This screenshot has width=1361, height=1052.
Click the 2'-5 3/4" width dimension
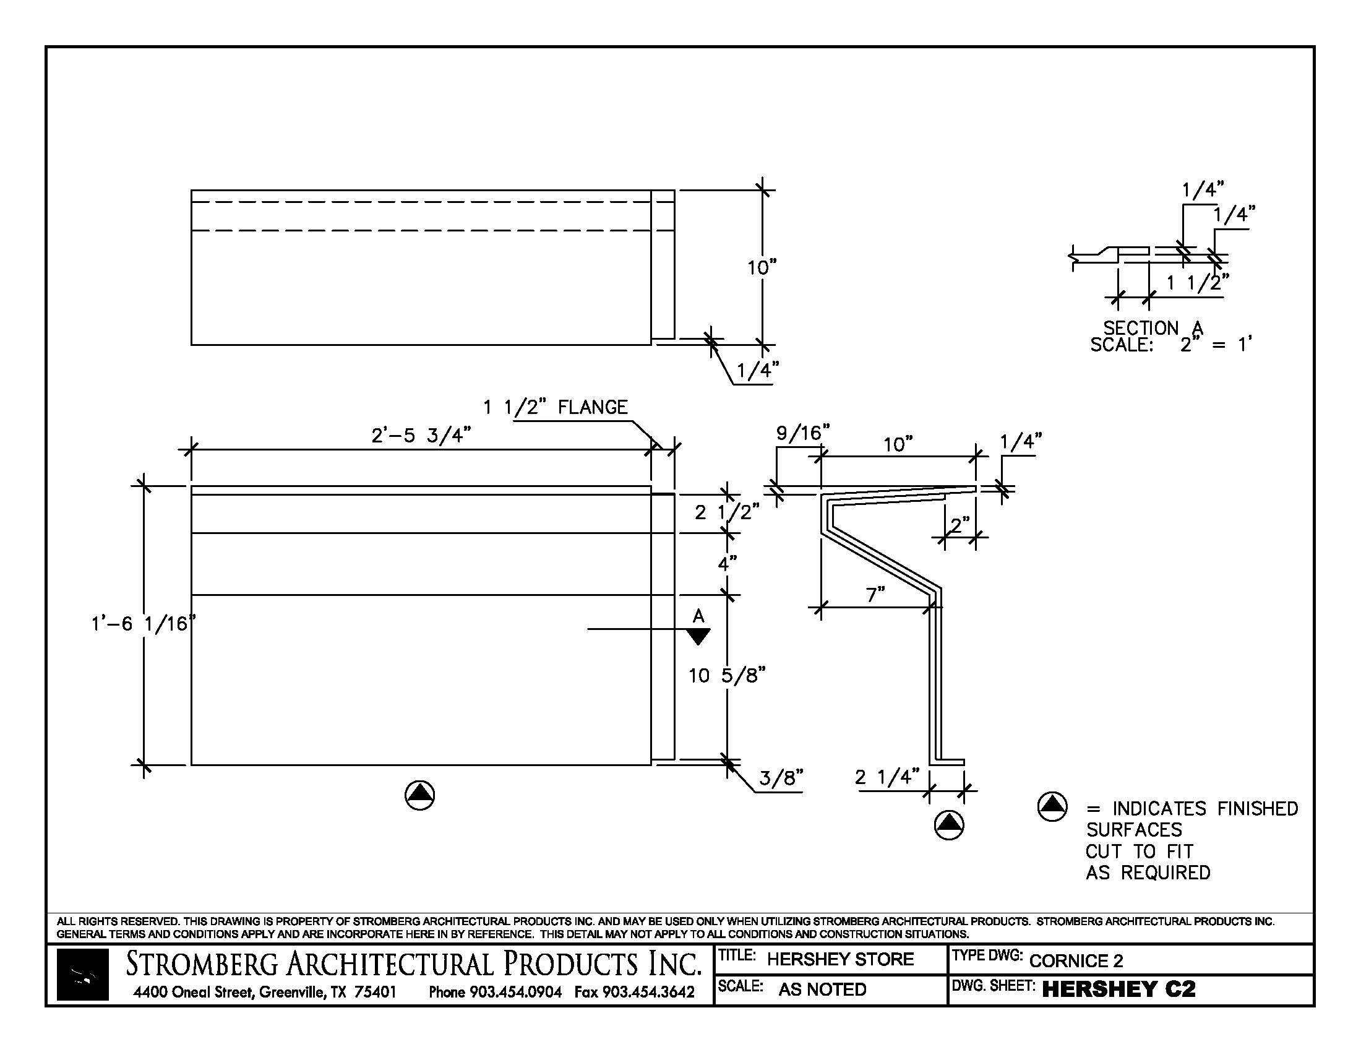pos(421,435)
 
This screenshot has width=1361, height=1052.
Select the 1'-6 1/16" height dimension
pos(142,623)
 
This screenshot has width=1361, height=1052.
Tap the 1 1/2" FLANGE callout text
pos(556,408)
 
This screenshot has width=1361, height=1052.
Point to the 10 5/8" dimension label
pos(727,675)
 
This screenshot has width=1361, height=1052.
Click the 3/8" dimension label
pos(781,778)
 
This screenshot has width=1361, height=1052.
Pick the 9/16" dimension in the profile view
pos(802,433)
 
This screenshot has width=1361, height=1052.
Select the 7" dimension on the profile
pos(875,595)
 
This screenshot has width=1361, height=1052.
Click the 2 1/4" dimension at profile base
pos(887,777)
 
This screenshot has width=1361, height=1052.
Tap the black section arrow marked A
pos(698,636)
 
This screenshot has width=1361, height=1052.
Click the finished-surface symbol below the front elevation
pos(419,795)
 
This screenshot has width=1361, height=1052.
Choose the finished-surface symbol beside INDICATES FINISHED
pos(1052,806)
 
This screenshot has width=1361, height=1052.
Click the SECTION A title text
pos(1153,328)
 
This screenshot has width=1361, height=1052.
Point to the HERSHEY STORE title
pos(840,959)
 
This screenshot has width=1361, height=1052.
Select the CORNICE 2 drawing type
pos(1076,960)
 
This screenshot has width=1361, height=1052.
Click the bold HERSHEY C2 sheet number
pos(1118,989)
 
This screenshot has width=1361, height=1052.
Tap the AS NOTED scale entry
pos(822,989)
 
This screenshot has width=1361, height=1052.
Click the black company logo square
pos(83,975)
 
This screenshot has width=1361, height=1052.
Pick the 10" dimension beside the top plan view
pos(762,268)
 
